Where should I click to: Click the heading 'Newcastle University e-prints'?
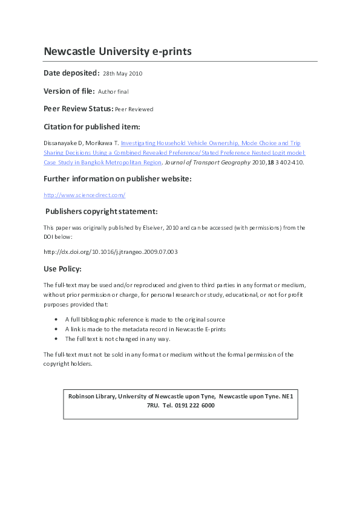pyautogui.click(x=117, y=51)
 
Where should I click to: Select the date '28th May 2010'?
pyautogui.click(x=122, y=74)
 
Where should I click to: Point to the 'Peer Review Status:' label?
pyautogui.click(x=78, y=109)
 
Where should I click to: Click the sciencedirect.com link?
pyautogui.click(x=84, y=195)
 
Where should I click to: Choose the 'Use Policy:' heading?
pyautogui.click(x=62, y=268)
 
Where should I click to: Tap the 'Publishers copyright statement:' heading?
pyautogui.click(x=102, y=212)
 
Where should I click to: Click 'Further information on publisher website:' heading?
pyautogui.click(x=117, y=179)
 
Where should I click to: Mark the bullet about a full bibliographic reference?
pyautogui.click(x=145, y=319)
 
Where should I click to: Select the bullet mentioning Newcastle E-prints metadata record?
pyautogui.click(x=145, y=329)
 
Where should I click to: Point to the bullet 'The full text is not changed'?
pyautogui.click(x=117, y=339)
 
